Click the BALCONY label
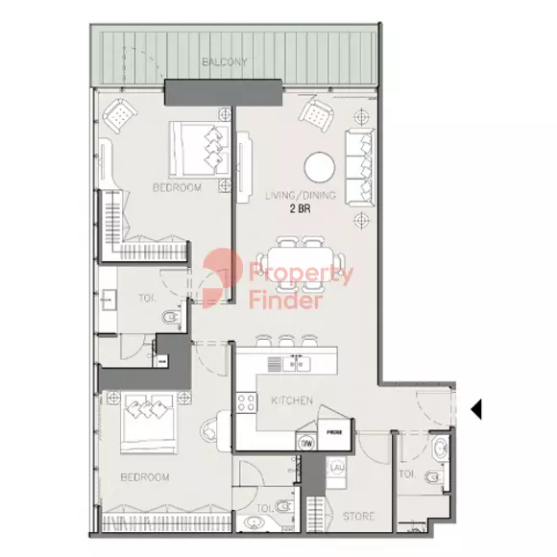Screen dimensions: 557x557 click(x=225, y=62)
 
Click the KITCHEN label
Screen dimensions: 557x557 click(x=291, y=400)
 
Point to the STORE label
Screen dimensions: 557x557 click(x=359, y=517)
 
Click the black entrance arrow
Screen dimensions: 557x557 click(x=474, y=410)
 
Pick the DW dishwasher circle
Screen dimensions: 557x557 click(x=306, y=443)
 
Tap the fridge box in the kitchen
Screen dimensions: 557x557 click(x=334, y=432)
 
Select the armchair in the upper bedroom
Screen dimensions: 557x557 click(x=121, y=116)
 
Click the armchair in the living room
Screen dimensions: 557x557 click(x=316, y=114)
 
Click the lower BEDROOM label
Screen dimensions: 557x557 click(x=146, y=476)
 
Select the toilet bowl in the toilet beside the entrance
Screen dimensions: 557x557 click(x=433, y=476)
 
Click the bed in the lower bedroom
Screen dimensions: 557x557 click(x=146, y=423)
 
